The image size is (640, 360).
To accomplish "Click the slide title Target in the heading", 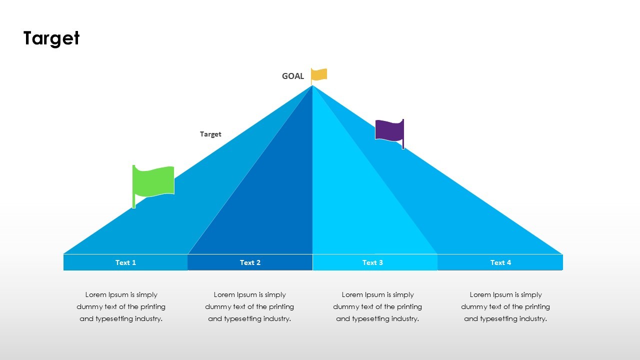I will click(x=51, y=38).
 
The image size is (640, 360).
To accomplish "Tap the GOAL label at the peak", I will click(x=293, y=76).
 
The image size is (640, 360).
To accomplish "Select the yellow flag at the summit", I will click(x=319, y=74).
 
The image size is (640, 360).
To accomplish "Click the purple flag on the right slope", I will click(x=389, y=130).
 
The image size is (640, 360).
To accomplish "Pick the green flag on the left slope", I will click(x=154, y=180).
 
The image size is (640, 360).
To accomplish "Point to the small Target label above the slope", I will click(x=210, y=134).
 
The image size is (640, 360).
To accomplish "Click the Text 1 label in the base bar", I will click(x=125, y=262).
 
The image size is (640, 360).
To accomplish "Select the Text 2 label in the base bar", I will click(x=250, y=262).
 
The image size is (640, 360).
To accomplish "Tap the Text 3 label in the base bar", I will click(x=372, y=262).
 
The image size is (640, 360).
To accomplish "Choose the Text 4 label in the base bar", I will click(x=500, y=262).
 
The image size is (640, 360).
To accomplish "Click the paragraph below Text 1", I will click(x=121, y=306).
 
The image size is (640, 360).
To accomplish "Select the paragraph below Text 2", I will click(x=249, y=306).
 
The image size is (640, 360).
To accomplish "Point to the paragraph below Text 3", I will click(x=377, y=306).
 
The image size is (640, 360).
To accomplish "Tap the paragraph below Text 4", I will click(x=505, y=306).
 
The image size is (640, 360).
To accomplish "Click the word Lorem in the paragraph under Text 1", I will click(x=96, y=295).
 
